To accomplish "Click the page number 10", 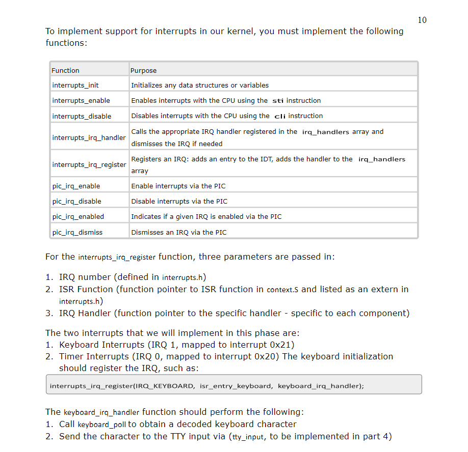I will (422, 20).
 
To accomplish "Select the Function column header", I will (66, 70).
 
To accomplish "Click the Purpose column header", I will (144, 70).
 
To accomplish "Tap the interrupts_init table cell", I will (75, 85).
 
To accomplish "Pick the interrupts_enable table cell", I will (81, 100).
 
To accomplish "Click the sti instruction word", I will (278, 101).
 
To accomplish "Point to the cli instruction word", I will (280, 116).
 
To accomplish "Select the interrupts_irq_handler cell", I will (89, 137).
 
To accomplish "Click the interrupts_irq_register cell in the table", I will (89, 164).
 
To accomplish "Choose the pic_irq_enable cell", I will (76, 186).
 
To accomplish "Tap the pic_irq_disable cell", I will (76, 201).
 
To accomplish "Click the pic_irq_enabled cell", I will (78, 216).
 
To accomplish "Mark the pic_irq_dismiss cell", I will (77, 232).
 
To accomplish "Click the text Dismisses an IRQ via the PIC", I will (179, 232).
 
